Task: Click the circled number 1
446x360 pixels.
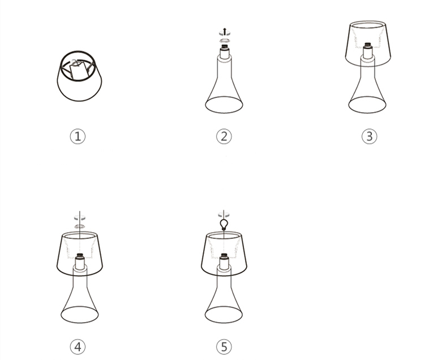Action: click(x=78, y=136)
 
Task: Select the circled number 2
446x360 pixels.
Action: click(x=224, y=136)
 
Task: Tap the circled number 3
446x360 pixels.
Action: click(x=369, y=136)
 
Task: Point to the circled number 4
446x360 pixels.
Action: click(x=78, y=346)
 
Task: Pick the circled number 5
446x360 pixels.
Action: click(x=224, y=346)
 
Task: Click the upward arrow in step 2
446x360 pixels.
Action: click(x=225, y=31)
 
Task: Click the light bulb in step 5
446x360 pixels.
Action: click(x=224, y=225)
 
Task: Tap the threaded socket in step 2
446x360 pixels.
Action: click(x=225, y=46)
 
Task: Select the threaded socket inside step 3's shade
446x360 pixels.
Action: click(x=368, y=45)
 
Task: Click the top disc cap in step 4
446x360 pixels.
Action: click(x=80, y=218)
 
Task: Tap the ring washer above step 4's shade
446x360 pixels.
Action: click(x=80, y=226)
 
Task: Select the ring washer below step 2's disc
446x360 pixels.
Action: click(x=225, y=40)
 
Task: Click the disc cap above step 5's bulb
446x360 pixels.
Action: click(x=224, y=215)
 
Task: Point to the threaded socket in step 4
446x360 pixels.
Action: click(x=80, y=256)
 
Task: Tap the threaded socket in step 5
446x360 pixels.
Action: click(x=224, y=256)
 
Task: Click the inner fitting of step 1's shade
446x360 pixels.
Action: click(x=78, y=70)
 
